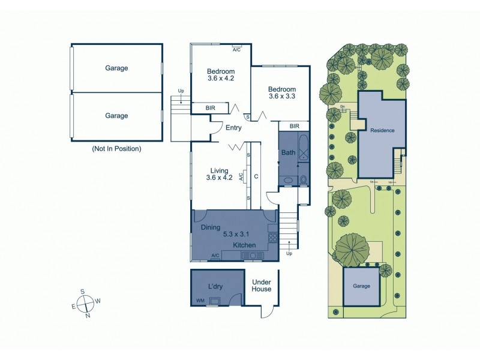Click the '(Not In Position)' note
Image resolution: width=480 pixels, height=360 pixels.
click(116, 148)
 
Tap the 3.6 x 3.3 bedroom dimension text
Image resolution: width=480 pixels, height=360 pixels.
click(281, 95)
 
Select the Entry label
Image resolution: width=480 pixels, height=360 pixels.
click(233, 127)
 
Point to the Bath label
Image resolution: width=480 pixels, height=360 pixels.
click(289, 152)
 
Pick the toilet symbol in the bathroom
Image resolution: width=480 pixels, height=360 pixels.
click(304, 179)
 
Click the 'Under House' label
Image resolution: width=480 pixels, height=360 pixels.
click(262, 285)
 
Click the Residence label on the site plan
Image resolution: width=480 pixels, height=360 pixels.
click(382, 130)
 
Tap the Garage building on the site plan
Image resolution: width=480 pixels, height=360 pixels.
click(361, 286)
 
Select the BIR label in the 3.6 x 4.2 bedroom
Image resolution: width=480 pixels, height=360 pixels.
click(210, 108)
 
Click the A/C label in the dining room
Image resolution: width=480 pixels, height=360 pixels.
click(215, 256)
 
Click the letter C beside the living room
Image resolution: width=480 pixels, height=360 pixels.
click(256, 176)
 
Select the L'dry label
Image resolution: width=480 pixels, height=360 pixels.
click(215, 286)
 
